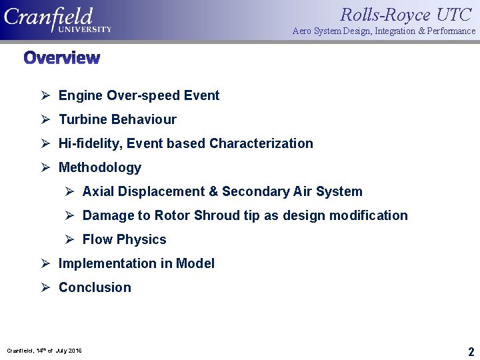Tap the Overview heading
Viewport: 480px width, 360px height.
(61, 58)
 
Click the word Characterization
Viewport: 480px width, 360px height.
(261, 143)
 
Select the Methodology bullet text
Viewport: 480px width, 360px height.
(100, 167)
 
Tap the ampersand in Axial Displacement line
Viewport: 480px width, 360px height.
(213, 191)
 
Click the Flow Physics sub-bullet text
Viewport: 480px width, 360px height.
(124, 239)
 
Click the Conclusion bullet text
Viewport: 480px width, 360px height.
(95, 287)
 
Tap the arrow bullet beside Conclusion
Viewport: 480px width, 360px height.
(45, 287)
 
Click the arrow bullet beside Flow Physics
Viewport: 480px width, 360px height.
(69, 239)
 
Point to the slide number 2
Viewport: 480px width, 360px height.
(471, 351)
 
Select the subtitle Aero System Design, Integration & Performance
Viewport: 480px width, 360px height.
(384, 31)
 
